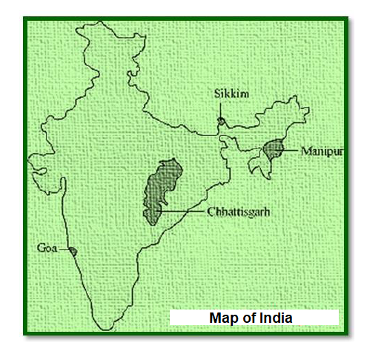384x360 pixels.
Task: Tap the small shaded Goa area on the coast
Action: click(73, 250)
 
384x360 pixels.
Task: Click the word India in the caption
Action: click(275, 318)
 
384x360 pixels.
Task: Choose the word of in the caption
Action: click(247, 318)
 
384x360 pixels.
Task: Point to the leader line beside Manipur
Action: click(292, 151)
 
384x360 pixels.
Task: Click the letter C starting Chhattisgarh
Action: click(212, 212)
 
